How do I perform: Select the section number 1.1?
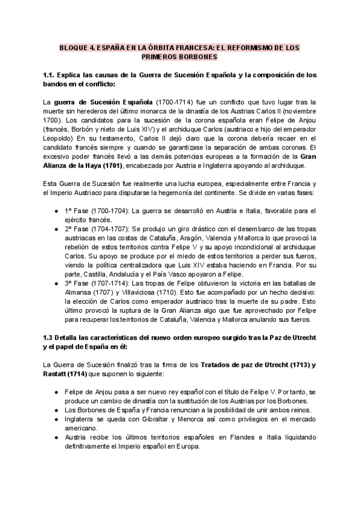point(51,75)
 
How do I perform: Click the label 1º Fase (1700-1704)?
point(98,211)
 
